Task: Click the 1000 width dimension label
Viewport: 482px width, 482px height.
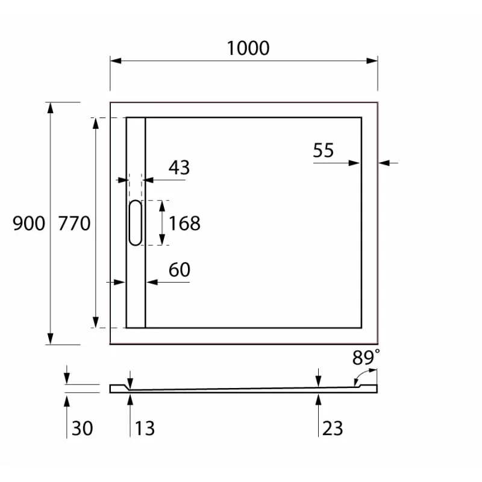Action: pos(248,48)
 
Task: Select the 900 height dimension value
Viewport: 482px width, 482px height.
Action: pos(29,224)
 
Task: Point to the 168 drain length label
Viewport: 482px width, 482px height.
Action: pos(184,224)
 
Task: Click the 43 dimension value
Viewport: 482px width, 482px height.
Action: pos(178,167)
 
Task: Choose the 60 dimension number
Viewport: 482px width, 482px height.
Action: pos(179,271)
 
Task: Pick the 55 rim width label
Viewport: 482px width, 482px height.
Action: pos(324,150)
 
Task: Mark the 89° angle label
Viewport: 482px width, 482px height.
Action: pos(366,358)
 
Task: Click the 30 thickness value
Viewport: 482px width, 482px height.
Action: pos(82,428)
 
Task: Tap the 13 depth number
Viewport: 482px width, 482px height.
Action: pos(144,428)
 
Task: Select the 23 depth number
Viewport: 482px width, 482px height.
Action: pos(333,428)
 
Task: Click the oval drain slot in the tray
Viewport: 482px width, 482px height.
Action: pos(136,223)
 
